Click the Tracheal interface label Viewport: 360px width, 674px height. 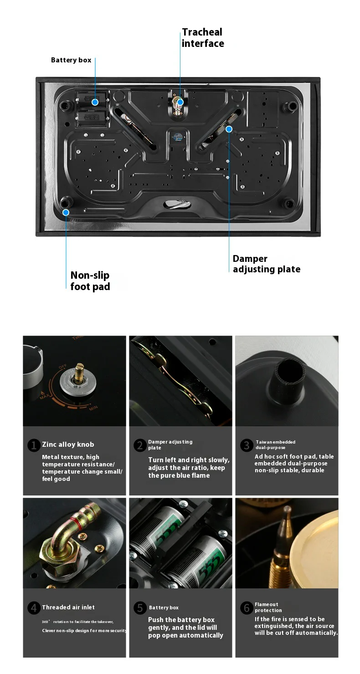(x=203, y=38)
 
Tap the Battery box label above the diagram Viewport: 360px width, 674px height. (x=71, y=60)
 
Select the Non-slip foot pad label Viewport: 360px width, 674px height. (x=90, y=281)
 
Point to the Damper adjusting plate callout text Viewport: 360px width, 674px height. (x=267, y=264)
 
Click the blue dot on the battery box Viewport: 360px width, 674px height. (x=95, y=102)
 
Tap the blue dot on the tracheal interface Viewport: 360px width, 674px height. (x=180, y=102)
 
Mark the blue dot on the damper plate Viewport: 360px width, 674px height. (x=229, y=129)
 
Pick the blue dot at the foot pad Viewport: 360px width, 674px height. (x=66, y=212)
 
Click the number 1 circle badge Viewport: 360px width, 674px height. (x=34, y=445)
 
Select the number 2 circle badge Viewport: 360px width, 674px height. (x=140, y=445)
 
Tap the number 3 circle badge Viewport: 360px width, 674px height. (x=247, y=445)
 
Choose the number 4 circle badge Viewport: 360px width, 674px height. (x=34, y=608)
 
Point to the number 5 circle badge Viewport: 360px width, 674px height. (x=140, y=608)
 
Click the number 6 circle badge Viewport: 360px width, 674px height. (x=247, y=608)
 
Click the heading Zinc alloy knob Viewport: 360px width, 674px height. (x=68, y=444)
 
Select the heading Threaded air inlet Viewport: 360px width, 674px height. (x=68, y=607)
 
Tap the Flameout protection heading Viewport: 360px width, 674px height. (x=268, y=608)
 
